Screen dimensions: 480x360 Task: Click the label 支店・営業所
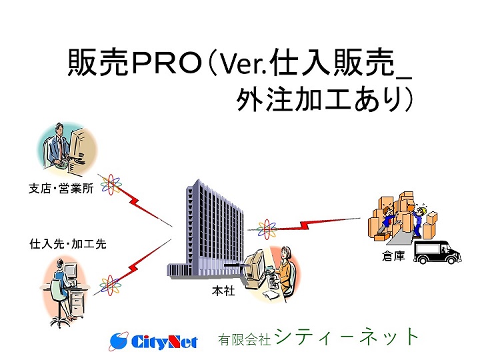[x=61, y=189]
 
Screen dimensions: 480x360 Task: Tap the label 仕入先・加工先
[x=68, y=244]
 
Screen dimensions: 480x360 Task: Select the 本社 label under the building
[x=223, y=291]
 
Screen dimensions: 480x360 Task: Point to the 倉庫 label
[x=393, y=256]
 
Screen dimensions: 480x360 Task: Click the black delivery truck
[x=437, y=252]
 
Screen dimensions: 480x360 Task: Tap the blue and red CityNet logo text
[x=165, y=341]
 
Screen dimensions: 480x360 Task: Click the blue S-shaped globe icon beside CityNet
[x=119, y=341]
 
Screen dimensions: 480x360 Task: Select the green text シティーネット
[x=347, y=337]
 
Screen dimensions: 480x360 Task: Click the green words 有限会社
[x=244, y=340]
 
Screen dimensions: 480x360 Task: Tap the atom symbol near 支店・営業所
[x=111, y=185]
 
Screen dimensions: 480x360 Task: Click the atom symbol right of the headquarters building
[x=267, y=229]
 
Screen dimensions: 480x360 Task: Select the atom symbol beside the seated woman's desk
[x=109, y=285]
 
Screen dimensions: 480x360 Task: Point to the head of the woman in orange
[x=286, y=252]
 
